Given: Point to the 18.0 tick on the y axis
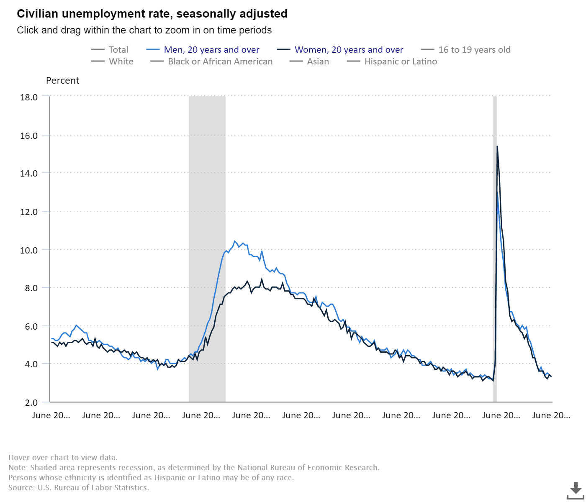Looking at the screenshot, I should click(29, 97).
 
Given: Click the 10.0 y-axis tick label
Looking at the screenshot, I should click(29, 250).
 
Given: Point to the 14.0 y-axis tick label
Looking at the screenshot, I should click(29, 173).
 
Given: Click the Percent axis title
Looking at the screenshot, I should click(62, 80).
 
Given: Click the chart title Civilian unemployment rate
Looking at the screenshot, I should click(152, 14).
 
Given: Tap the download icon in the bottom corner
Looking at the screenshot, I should click(576, 489).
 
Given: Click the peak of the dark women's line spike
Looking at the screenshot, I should click(497, 146).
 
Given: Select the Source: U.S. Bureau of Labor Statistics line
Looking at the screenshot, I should click(79, 487).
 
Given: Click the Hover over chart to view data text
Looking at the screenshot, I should click(63, 457).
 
